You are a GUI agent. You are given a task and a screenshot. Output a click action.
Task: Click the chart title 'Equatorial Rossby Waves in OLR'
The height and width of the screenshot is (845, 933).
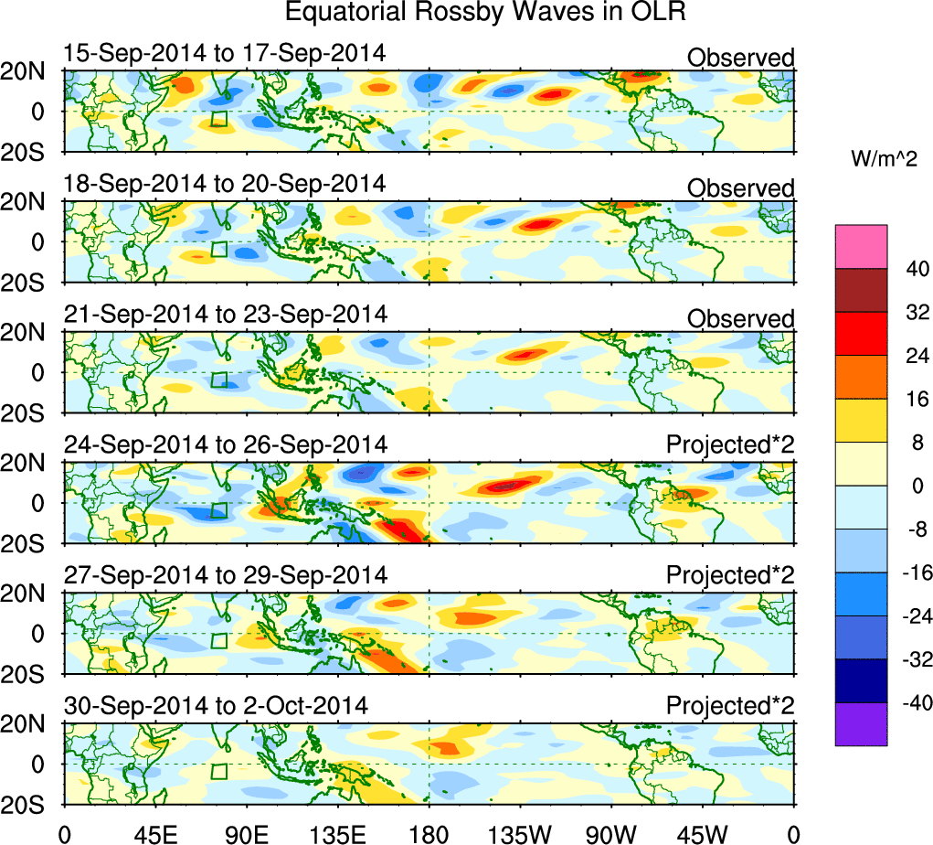click(485, 13)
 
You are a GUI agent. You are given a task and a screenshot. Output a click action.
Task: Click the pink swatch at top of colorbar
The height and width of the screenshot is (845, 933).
click(861, 246)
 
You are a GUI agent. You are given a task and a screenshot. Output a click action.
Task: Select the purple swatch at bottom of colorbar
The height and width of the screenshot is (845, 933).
click(861, 724)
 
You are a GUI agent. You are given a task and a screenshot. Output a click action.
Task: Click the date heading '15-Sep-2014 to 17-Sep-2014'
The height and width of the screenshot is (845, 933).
click(225, 54)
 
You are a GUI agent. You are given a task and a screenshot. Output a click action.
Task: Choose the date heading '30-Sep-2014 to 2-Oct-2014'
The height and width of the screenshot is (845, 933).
click(216, 706)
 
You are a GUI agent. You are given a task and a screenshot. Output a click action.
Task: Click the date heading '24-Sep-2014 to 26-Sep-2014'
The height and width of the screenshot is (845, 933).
click(225, 444)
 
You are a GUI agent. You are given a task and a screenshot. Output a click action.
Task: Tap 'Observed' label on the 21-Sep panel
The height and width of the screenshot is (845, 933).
click(740, 318)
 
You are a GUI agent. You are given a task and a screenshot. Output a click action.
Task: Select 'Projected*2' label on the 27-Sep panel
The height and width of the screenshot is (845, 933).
click(730, 576)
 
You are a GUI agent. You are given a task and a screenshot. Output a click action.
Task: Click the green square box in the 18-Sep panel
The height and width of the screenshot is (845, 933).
click(218, 248)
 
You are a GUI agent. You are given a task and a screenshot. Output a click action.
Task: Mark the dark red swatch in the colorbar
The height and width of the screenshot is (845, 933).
click(861, 290)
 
